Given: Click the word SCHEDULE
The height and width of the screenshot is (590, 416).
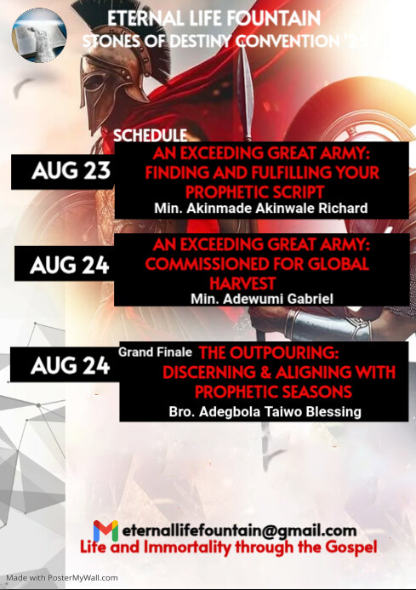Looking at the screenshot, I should pyautogui.click(x=150, y=135).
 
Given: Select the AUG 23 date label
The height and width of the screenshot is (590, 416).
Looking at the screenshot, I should pyautogui.click(x=71, y=171).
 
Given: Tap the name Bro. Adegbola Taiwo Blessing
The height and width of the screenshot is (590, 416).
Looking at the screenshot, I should pyautogui.click(x=265, y=412).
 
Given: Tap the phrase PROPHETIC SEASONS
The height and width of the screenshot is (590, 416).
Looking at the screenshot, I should pyautogui.click(x=273, y=392).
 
